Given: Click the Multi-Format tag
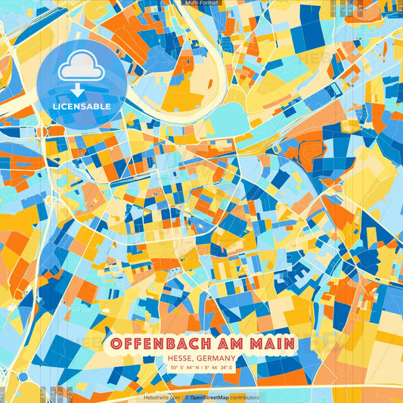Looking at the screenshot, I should pyautogui.click(x=201, y=3).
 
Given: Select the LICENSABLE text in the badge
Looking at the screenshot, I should pyautogui.click(x=82, y=107).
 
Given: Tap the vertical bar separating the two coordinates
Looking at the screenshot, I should pyautogui.click(x=201, y=367).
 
